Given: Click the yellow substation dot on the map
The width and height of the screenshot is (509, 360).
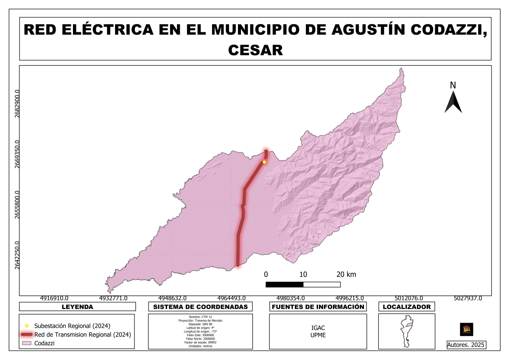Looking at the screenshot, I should click(x=264, y=162).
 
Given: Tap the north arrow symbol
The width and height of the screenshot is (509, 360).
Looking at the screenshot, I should click(x=453, y=102).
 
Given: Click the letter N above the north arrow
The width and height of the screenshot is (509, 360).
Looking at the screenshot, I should click(x=453, y=85).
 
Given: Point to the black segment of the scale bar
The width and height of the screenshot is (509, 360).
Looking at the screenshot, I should click(x=284, y=284).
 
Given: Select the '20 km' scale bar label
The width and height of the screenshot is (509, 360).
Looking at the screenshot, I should click(x=347, y=274).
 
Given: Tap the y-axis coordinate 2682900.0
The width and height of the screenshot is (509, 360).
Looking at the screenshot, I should click(x=17, y=104).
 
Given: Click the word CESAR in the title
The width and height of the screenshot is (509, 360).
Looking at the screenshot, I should click(x=255, y=50).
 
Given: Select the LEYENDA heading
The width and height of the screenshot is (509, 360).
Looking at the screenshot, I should click(x=77, y=307).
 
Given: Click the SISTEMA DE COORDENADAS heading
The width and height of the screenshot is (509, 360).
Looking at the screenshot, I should click(x=200, y=307).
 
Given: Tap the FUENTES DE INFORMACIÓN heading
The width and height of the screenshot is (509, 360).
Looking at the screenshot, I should click(x=318, y=307).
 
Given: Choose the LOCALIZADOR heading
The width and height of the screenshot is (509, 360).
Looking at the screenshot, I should click(x=407, y=307).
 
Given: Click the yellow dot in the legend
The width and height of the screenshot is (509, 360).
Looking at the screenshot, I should click(x=26, y=326).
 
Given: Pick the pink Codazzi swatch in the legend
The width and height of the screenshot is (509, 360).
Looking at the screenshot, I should click(x=26, y=343).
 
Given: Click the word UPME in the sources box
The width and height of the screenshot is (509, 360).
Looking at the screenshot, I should click(x=318, y=335).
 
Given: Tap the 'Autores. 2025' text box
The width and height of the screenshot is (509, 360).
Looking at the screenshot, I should click(x=467, y=345).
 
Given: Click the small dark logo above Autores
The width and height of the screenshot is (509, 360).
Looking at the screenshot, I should click(x=467, y=329).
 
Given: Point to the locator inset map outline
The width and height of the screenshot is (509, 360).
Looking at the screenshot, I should click(x=406, y=331).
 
